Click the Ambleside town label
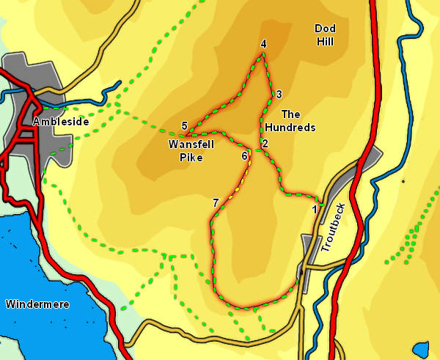click(x=61, y=121)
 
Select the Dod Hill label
click(x=325, y=35)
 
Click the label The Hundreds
click(x=290, y=120)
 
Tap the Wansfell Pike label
click(x=185, y=150)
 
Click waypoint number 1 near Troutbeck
click(x=315, y=209)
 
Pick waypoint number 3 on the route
click(x=279, y=94)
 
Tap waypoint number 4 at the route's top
click(x=263, y=44)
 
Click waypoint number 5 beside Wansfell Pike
click(x=185, y=125)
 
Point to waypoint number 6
click(x=244, y=155)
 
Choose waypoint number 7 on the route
click(x=215, y=202)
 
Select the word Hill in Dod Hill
click(x=325, y=42)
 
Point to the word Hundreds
click(x=290, y=127)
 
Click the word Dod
click(x=325, y=29)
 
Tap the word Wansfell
click(x=185, y=144)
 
